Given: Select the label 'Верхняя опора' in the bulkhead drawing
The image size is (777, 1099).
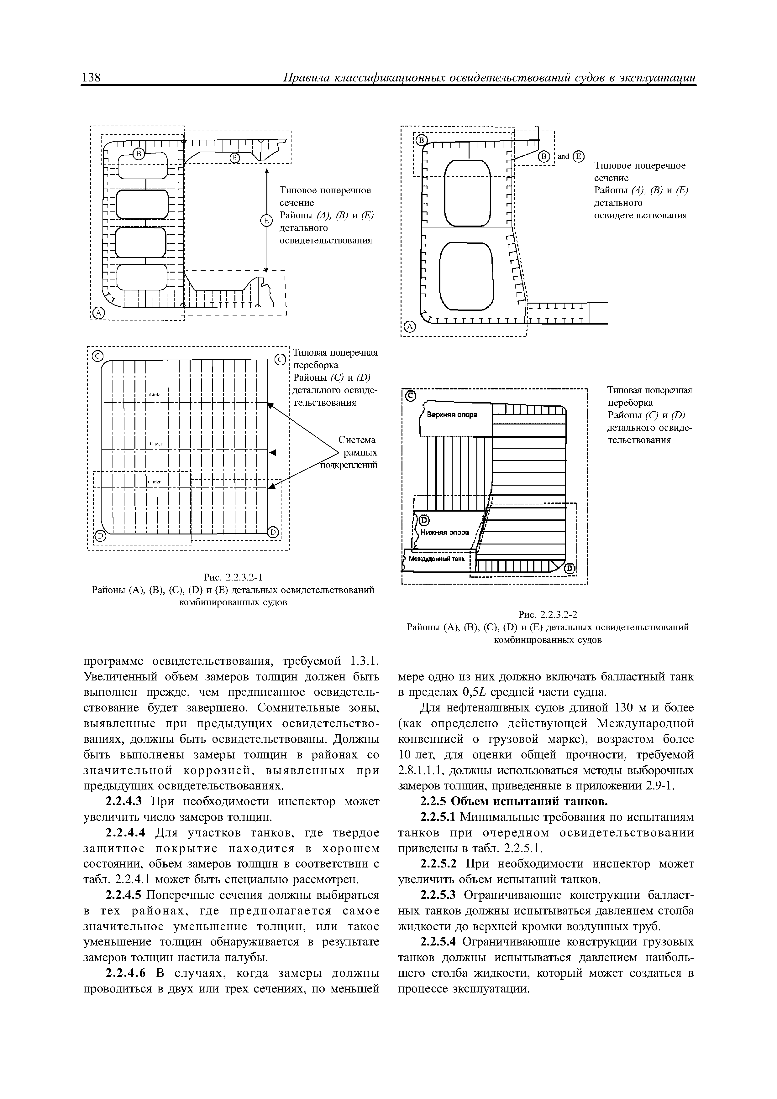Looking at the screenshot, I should coord(452,414).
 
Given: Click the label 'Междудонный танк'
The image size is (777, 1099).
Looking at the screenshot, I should coord(437,558).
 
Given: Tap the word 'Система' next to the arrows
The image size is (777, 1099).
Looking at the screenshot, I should coord(357,440).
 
